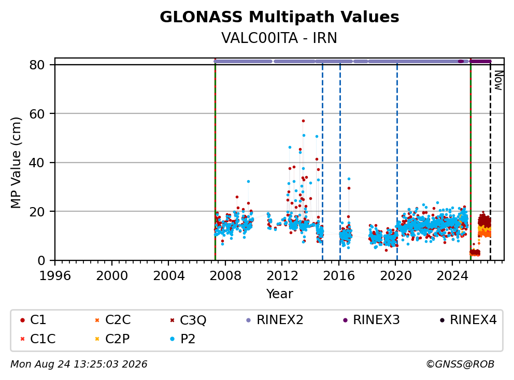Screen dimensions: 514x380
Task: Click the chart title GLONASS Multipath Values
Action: [279, 17]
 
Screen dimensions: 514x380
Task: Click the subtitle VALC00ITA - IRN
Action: [279, 38]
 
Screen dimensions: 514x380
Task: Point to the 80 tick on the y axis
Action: [37, 65]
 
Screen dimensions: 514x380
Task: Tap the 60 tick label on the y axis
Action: [37, 114]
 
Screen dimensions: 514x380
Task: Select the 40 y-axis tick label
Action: [37, 163]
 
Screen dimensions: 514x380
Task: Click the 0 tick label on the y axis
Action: [41, 260]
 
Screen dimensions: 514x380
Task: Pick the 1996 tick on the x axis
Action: [55, 276]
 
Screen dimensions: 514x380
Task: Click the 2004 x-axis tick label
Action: [168, 276]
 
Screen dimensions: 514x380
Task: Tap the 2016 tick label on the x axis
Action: [339, 276]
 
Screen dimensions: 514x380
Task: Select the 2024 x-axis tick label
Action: [452, 276]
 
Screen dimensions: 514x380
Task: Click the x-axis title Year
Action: [279, 294]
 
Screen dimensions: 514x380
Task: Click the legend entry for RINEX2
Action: [275, 320]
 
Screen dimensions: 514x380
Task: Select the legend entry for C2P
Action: [112, 339]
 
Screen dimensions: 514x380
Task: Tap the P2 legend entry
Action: [183, 339]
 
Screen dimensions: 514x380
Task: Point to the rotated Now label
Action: [498, 81]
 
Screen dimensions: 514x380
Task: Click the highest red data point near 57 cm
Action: [303, 121]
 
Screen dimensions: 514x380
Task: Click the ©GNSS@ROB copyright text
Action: [460, 364]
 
